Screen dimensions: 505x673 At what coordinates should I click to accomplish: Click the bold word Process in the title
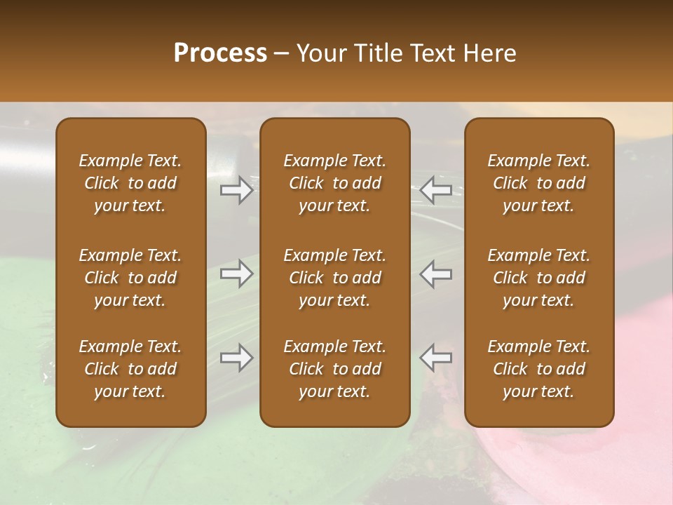pos(220,53)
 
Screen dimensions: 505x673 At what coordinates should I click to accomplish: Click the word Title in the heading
pos(376,53)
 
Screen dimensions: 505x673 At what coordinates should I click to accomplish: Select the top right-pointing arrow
pos(236,190)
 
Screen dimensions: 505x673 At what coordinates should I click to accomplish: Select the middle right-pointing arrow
pos(236,274)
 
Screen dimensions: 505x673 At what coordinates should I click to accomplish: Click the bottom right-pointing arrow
pos(236,358)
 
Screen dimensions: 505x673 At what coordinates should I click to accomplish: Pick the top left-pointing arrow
pos(436,190)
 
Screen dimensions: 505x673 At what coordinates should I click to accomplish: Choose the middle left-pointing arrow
pos(436,274)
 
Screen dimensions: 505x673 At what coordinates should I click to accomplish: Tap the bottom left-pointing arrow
pos(436,358)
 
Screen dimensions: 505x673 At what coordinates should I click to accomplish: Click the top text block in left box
pos(130,183)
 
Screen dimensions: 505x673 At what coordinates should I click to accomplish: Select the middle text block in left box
pos(130,278)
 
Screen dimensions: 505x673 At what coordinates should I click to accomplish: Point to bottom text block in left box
pos(130,369)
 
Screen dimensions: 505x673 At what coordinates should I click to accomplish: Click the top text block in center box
pos(334,183)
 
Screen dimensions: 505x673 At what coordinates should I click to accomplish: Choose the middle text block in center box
pos(334,278)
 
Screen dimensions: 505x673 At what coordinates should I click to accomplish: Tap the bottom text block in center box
pos(334,369)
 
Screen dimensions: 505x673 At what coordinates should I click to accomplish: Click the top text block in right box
pos(538,183)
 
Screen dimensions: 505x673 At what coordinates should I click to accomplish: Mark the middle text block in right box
pos(538,278)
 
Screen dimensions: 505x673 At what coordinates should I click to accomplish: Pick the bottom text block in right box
pos(538,369)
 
